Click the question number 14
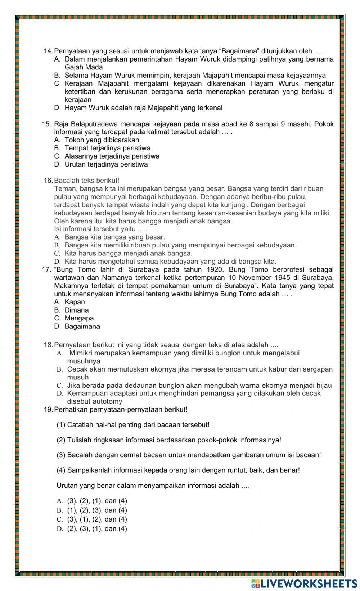click(x=48, y=51)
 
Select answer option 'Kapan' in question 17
click(x=75, y=302)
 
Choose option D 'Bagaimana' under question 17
click(x=82, y=327)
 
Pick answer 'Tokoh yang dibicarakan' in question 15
click(x=102, y=140)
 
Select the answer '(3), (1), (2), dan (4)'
click(x=97, y=519)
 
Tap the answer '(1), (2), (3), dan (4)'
click(x=97, y=510)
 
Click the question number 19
click(x=48, y=409)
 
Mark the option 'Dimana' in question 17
click(x=76, y=310)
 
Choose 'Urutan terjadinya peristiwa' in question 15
click(x=106, y=164)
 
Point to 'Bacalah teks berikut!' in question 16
click(x=86, y=181)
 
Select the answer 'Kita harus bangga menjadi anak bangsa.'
click(x=128, y=253)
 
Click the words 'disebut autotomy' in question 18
click(x=94, y=401)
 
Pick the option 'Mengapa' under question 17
click(x=79, y=318)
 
